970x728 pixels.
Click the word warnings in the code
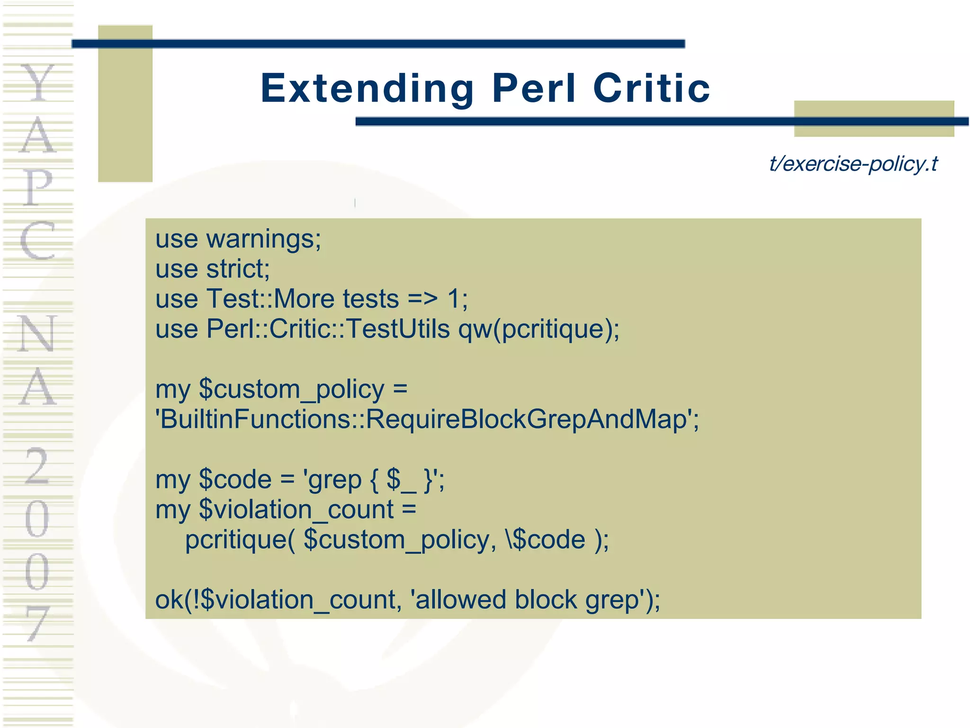tap(263, 239)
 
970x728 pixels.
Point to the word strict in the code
tap(237, 269)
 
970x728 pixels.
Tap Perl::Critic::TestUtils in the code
tap(328, 329)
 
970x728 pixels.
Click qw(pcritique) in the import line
tap(538, 329)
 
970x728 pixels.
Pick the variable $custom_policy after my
tap(291, 390)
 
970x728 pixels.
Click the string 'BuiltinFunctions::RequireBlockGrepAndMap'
tap(427, 420)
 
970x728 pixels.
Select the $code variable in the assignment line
tap(235, 480)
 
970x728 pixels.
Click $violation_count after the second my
tap(296, 510)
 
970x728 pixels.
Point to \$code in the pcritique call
tap(546, 540)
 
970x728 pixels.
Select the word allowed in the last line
tap(460, 600)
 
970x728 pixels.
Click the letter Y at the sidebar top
tap(38, 83)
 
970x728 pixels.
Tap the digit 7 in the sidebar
tap(38, 623)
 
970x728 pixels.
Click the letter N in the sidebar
tap(38, 334)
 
